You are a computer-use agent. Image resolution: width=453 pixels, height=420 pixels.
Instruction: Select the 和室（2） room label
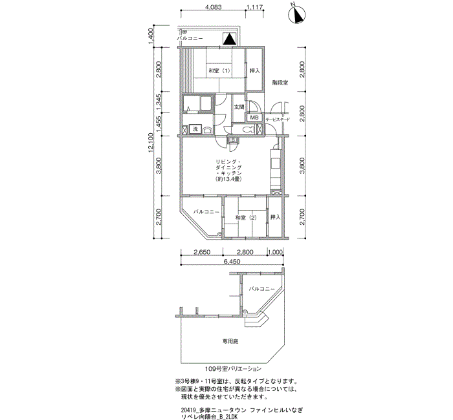point(246,218)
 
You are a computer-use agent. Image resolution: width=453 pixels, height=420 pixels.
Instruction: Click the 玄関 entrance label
point(239,107)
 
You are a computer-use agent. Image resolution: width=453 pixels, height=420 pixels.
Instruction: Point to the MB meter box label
point(254,118)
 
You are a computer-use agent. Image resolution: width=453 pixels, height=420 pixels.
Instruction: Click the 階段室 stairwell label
point(280,83)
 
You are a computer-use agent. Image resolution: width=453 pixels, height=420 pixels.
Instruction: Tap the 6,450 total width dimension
point(232,262)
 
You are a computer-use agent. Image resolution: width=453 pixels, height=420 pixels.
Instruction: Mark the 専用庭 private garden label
point(231,341)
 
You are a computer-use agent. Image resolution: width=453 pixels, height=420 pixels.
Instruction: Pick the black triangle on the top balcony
point(228,39)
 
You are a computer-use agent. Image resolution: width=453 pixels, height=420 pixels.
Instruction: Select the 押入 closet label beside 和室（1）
point(254,70)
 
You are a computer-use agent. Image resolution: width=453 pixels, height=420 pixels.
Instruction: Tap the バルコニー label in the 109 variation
point(263,289)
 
